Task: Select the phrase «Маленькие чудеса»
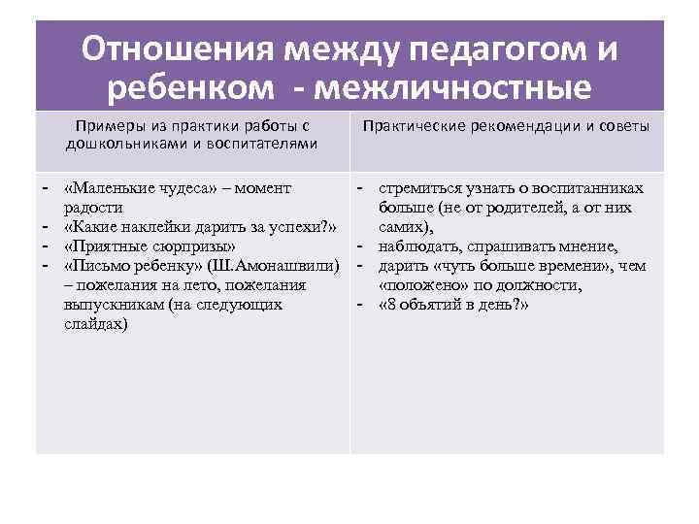136,185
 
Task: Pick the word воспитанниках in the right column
582,185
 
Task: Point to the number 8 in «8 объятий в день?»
390,305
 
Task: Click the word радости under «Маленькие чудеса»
92,206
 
